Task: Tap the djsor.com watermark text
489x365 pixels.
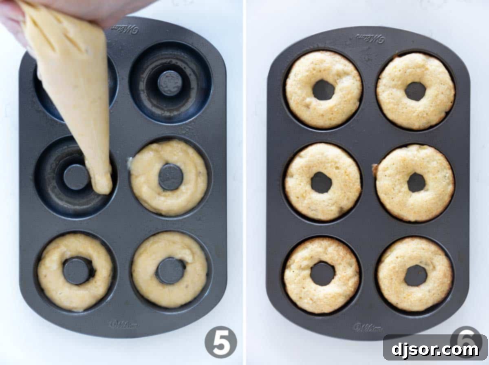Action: (x=435, y=350)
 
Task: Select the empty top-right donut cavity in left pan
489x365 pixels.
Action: (x=170, y=83)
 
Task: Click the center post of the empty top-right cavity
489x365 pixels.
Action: (x=170, y=83)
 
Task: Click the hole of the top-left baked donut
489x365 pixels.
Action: (x=324, y=90)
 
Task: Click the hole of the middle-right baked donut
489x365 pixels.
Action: (x=416, y=182)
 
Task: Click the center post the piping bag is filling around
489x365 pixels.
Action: (x=76, y=177)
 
